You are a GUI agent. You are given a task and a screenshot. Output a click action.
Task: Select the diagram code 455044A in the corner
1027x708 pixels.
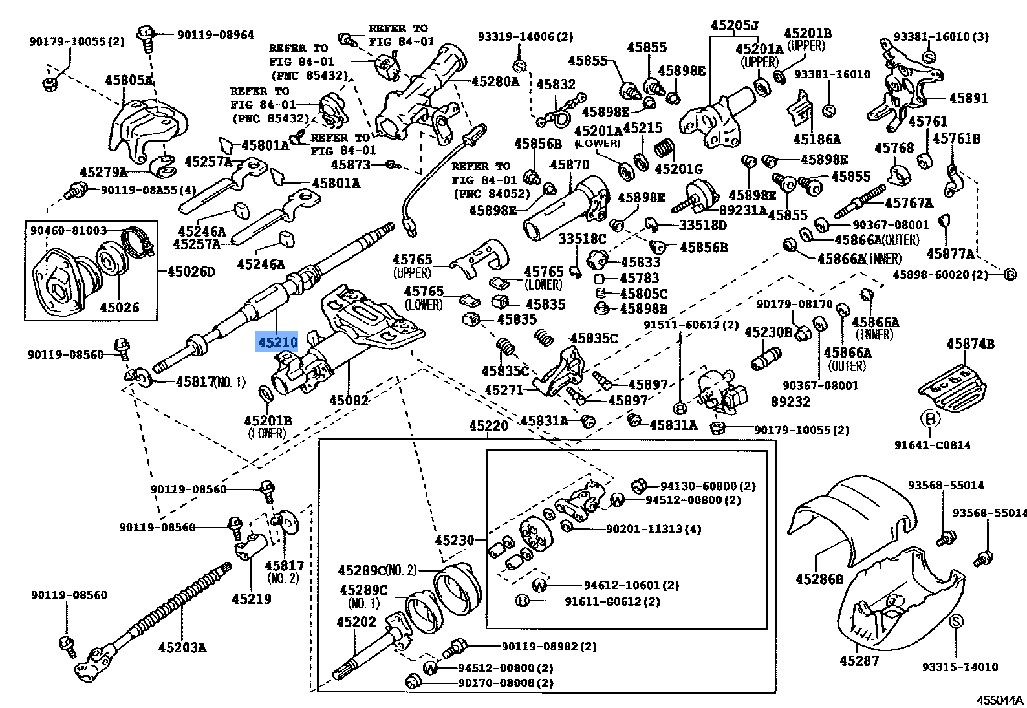click(1000, 700)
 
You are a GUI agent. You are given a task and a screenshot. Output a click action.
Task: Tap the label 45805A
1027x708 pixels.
click(129, 80)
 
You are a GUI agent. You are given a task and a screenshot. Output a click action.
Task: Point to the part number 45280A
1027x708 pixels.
click(495, 81)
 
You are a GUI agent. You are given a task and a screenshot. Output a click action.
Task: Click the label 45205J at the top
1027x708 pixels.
click(734, 26)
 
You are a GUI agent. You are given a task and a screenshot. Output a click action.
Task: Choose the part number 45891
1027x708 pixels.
click(968, 98)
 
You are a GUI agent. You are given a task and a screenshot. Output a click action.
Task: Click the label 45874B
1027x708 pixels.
click(971, 344)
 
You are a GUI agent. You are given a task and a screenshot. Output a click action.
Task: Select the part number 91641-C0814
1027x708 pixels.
click(933, 444)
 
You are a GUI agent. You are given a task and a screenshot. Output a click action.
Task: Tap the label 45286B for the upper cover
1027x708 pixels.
click(819, 579)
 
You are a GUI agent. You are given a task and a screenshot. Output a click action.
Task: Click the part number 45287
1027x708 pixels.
click(859, 660)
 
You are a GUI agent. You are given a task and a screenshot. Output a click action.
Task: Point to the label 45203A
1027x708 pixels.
click(182, 647)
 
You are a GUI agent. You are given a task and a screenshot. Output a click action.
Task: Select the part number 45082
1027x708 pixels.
click(348, 400)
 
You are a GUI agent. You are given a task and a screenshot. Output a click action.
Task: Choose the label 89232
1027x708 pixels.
click(790, 402)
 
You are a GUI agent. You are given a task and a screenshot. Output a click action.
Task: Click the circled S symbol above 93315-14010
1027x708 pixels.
click(957, 621)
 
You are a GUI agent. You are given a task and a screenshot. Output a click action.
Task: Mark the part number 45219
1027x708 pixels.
click(252, 599)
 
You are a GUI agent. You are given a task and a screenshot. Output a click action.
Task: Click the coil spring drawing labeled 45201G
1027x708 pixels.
click(664, 149)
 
